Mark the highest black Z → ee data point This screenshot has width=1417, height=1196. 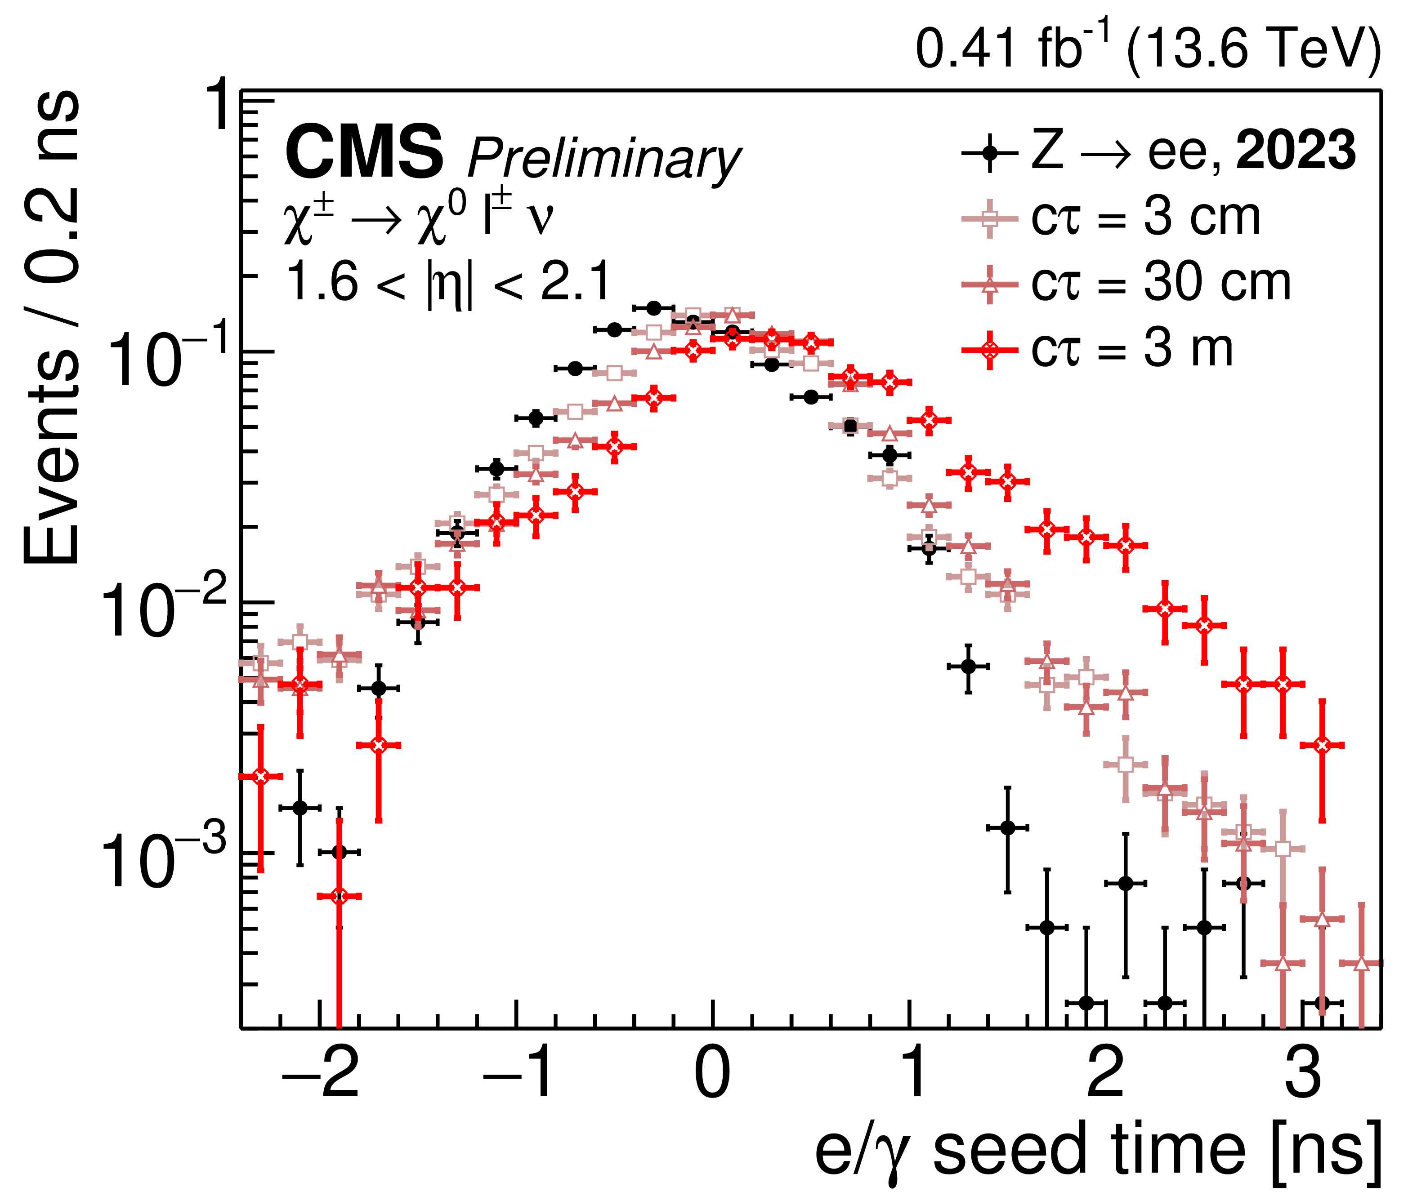653,308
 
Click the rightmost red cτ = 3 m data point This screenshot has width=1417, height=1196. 1321,745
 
